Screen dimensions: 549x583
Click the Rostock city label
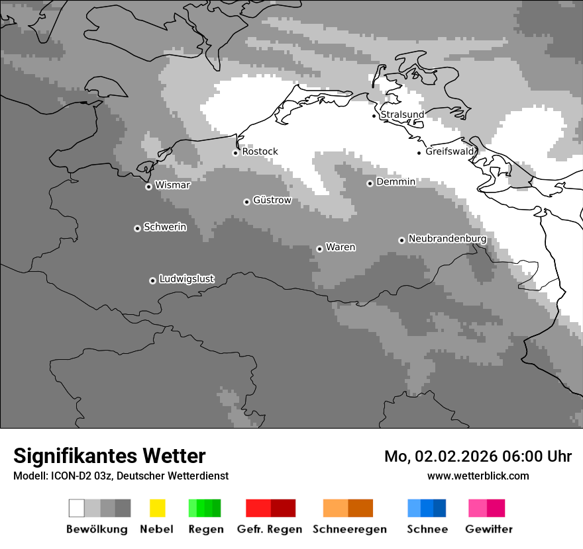point(260,151)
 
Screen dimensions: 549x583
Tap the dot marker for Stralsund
point(374,116)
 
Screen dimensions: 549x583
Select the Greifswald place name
point(450,151)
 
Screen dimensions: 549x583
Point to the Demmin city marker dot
point(370,183)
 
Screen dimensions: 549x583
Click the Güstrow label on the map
point(272,200)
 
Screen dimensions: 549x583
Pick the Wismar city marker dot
point(148,187)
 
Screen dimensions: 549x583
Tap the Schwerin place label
point(165,227)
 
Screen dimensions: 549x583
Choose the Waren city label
point(341,247)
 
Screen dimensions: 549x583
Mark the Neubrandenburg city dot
point(401,240)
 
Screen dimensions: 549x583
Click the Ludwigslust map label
point(186,279)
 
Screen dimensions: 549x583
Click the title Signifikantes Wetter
point(109,456)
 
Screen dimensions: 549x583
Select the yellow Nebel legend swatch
point(157,508)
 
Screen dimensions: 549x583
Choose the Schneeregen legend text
point(349,529)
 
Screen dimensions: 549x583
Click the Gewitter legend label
point(489,529)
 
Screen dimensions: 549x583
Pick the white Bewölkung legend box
point(77,508)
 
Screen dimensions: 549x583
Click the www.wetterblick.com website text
point(478,476)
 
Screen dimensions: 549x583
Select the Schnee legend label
point(427,529)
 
